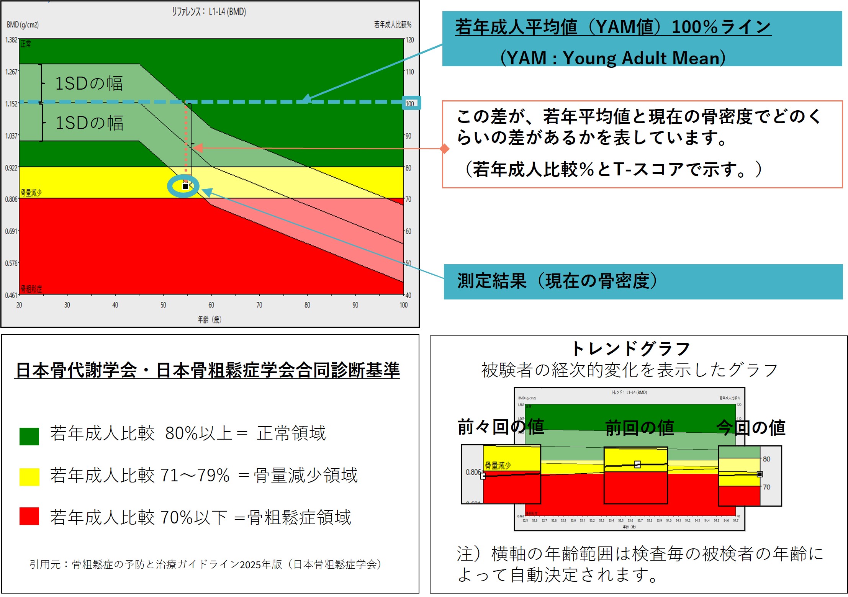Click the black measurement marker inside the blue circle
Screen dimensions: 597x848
tap(186, 186)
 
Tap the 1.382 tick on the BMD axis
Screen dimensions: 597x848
tap(11, 40)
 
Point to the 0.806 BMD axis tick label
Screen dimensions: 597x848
tap(11, 199)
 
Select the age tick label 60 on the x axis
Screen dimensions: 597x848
tap(211, 305)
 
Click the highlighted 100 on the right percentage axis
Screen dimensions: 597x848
tap(410, 103)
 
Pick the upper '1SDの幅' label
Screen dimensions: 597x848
tap(89, 83)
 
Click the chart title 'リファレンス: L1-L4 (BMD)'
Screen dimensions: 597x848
tap(209, 11)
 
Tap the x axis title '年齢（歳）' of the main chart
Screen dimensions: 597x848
tap(210, 319)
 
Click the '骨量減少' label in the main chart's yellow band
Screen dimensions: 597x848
tap(31, 193)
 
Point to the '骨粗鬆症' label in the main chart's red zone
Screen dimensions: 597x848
tap(31, 288)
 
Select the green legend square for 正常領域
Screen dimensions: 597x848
tap(29, 436)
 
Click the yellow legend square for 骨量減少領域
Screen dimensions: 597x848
tap(29, 477)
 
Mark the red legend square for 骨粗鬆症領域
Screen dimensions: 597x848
tap(29, 516)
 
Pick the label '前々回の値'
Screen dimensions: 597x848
tap(501, 427)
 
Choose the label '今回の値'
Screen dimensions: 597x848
tap(751, 428)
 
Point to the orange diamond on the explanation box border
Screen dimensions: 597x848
tap(444, 149)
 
